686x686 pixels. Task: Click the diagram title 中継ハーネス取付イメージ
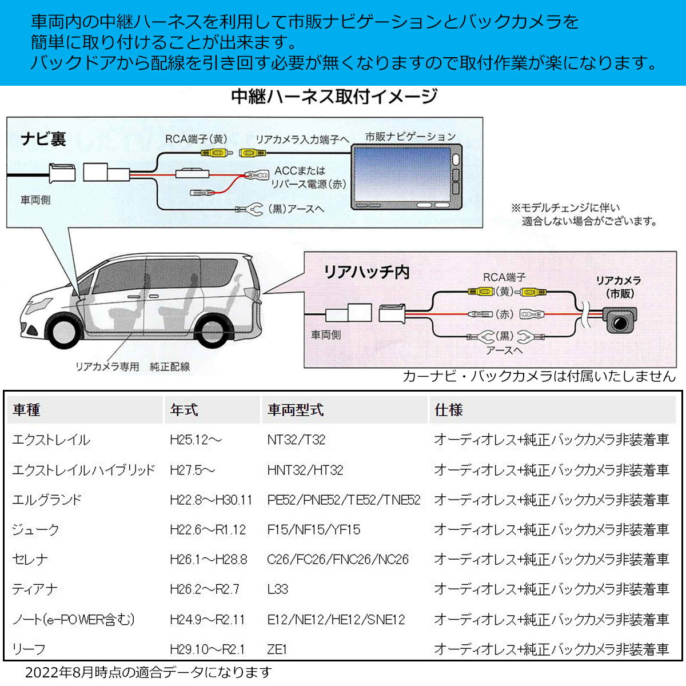point(334,97)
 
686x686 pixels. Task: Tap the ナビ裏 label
point(43,139)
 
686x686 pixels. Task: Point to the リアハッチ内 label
point(366,272)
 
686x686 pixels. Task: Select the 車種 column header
point(26,410)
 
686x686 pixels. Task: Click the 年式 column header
point(184,410)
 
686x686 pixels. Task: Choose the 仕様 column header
point(448,410)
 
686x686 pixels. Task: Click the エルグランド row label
point(47,500)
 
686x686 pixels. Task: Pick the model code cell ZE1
point(277,649)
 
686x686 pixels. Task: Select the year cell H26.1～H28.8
point(209,560)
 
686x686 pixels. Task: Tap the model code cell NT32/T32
point(296,440)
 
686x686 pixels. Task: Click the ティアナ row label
point(35,589)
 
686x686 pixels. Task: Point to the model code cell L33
point(278,589)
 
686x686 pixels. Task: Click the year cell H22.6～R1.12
point(208,530)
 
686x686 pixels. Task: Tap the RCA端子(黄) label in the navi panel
point(196,139)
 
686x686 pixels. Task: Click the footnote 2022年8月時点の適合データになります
point(148,673)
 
